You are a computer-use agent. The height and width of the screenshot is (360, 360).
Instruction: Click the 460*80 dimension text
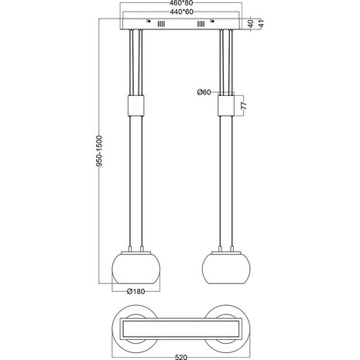coord(180,5)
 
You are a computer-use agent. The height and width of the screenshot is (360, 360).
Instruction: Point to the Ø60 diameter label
coord(206,93)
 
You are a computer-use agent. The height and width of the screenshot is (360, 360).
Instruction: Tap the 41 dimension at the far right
coord(261,24)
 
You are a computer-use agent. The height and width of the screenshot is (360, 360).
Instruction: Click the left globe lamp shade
coord(136,268)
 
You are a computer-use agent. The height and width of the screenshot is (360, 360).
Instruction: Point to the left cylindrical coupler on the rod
coord(136,105)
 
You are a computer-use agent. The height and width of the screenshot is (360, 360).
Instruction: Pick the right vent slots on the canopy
coord(201,26)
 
